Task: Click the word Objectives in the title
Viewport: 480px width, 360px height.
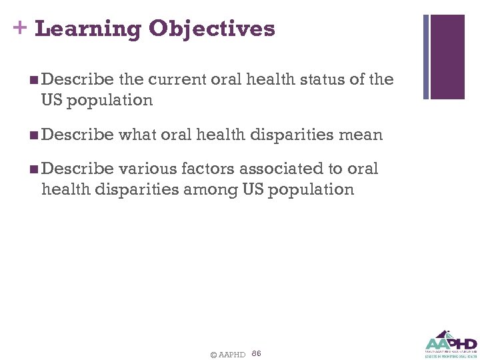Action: [x=212, y=29]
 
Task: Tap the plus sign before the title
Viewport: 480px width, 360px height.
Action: [x=19, y=28]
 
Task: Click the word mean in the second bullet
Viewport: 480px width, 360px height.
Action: [x=362, y=135]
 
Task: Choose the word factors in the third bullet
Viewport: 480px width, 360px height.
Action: [x=199, y=169]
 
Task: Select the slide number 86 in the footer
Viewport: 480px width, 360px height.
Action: [x=257, y=353]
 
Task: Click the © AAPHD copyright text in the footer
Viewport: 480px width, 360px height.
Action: [x=227, y=354]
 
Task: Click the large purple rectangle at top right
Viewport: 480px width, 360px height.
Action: [x=447, y=57]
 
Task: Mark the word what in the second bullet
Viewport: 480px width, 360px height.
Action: [x=139, y=135]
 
